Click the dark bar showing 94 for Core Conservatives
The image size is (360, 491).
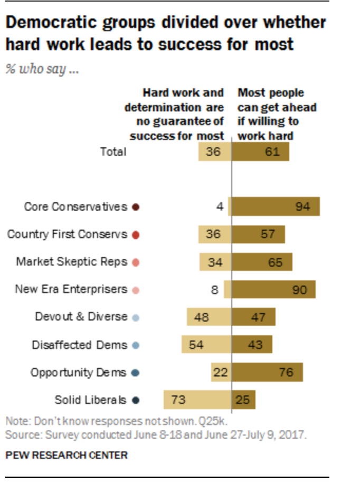click(276, 206)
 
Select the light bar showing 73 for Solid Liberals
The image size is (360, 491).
click(197, 400)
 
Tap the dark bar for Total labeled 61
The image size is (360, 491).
click(260, 152)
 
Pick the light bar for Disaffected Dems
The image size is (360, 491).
click(206, 344)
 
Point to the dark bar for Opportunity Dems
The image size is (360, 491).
click(267, 372)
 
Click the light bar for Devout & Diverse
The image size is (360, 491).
click(209, 317)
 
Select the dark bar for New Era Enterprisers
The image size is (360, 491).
click(273, 289)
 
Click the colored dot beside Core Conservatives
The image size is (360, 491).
click(136, 207)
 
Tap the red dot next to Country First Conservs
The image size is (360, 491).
click(136, 235)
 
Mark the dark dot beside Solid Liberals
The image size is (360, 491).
click(136, 400)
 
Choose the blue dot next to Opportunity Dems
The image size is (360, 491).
click(135, 373)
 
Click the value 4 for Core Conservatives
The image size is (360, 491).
click(220, 206)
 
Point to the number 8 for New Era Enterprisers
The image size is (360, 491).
click(214, 290)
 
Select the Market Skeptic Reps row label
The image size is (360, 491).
click(72, 262)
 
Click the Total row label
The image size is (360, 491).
click(113, 152)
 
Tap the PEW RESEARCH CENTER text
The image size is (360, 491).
click(67, 455)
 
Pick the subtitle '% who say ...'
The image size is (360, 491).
click(42, 69)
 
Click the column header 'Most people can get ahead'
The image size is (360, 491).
click(277, 100)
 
